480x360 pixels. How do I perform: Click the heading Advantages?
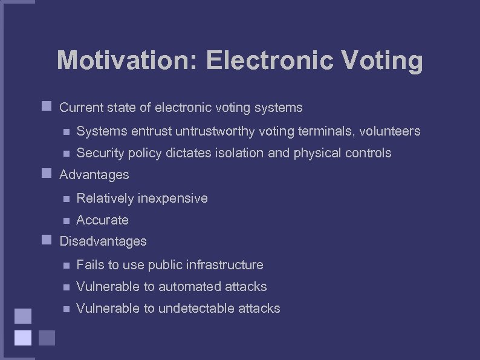(94, 175)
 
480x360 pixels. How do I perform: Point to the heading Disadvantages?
(103, 241)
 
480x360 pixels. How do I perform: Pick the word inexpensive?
(173, 198)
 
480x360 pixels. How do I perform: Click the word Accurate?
(103, 220)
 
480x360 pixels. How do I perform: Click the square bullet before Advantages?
(45, 174)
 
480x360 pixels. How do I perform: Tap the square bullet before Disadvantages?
(45, 240)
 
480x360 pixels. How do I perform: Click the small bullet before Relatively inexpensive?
(66, 198)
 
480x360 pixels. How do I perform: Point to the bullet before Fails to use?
(66, 265)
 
